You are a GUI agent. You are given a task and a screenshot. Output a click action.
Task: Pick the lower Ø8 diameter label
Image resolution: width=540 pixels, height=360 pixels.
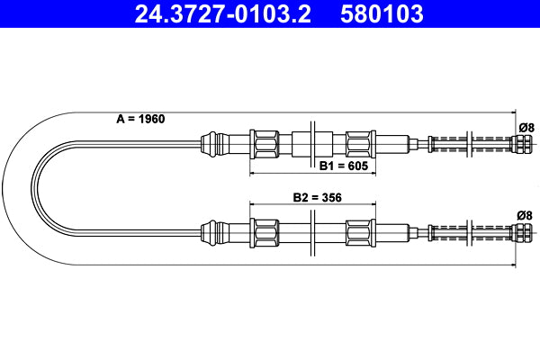tap(525, 215)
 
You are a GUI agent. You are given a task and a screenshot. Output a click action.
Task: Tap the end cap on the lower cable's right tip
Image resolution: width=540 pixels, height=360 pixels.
tap(521, 233)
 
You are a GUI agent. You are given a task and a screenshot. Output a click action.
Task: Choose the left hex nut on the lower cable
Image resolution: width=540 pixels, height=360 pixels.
tap(267, 232)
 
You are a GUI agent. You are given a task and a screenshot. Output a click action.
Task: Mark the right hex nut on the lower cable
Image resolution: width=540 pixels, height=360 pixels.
tap(358, 232)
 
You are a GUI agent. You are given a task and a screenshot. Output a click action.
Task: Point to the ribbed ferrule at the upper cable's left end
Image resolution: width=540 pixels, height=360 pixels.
tap(211, 142)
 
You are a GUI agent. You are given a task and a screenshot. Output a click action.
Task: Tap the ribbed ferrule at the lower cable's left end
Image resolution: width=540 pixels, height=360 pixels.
tap(211, 232)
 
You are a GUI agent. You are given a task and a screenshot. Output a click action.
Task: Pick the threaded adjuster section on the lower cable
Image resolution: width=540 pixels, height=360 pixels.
tap(468, 232)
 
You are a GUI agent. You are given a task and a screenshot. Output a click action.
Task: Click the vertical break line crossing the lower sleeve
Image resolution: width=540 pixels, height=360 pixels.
tap(311, 232)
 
